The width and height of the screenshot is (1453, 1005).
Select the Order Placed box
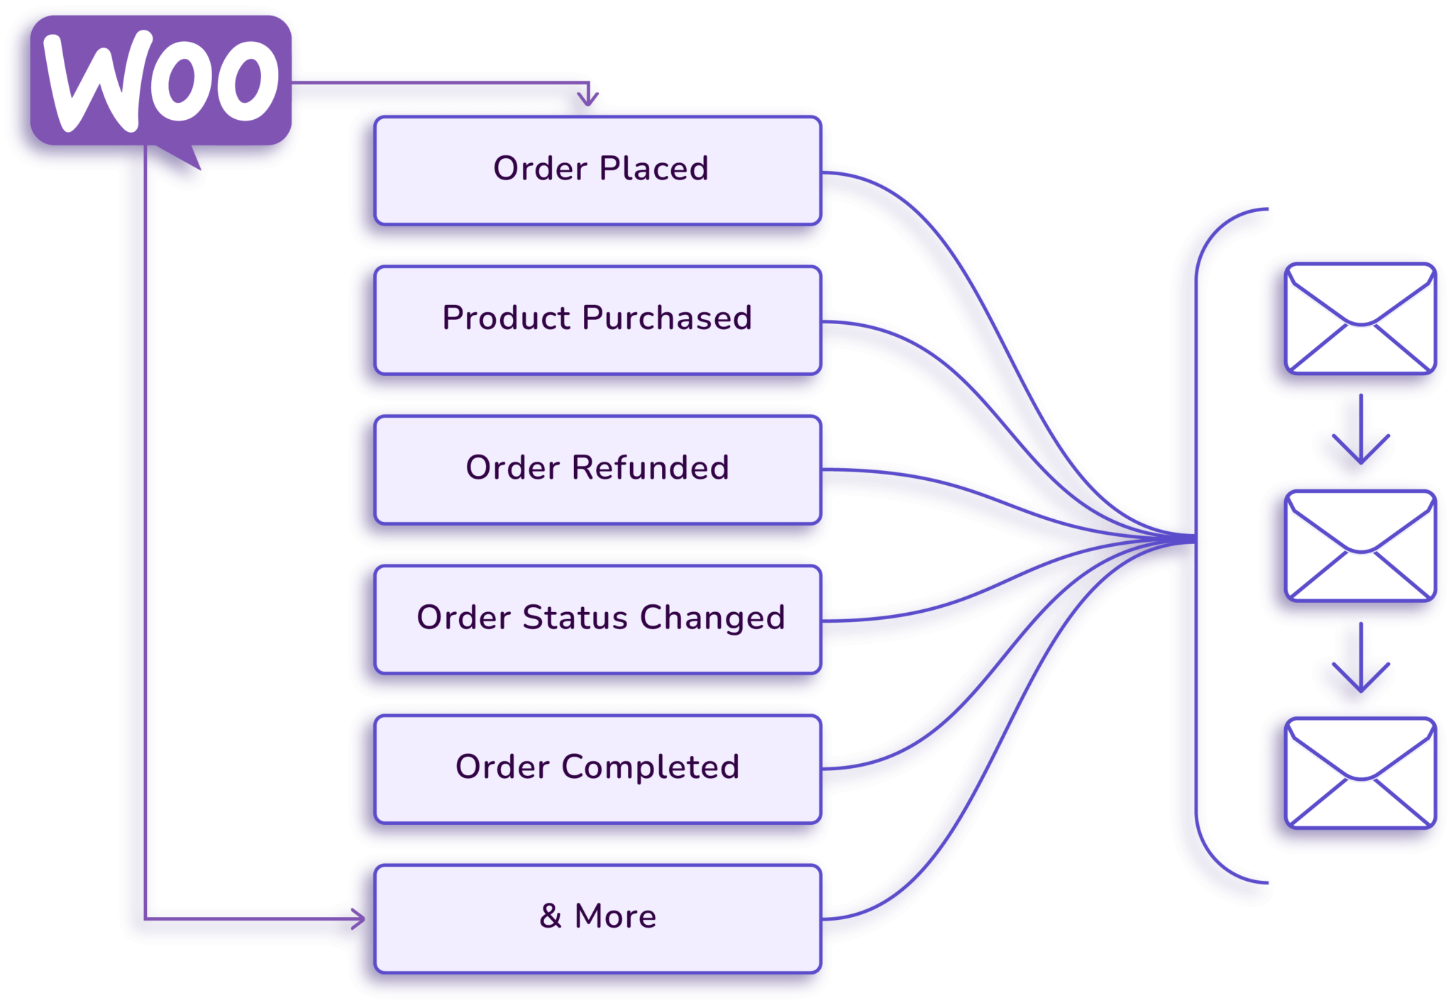click(598, 170)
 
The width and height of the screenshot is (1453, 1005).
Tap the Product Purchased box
click(598, 319)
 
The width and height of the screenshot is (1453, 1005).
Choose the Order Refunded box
click(598, 470)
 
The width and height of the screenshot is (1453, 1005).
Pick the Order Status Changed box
click(598, 618)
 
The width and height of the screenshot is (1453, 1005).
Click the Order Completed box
click(598, 769)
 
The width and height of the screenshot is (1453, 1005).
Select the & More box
click(598, 918)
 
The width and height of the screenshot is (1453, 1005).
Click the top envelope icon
click(1360, 319)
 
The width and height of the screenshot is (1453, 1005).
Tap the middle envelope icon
click(1360, 546)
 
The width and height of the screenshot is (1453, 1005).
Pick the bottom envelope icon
click(1360, 773)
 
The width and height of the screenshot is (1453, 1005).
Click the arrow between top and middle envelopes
click(1360, 433)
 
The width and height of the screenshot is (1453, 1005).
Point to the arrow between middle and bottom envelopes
click(1360, 660)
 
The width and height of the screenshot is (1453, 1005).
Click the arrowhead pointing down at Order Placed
click(587, 98)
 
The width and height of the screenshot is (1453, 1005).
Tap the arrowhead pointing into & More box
click(358, 919)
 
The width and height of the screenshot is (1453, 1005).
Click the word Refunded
click(650, 468)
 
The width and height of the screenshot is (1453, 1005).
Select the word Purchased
click(666, 318)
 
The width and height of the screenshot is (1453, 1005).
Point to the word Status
click(575, 617)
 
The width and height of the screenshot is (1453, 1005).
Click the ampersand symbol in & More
click(551, 916)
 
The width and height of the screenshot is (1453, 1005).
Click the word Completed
click(650, 767)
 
